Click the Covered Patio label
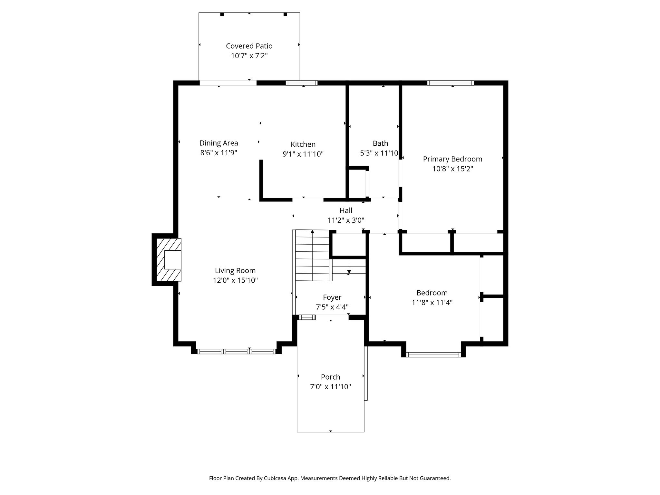coord(249,46)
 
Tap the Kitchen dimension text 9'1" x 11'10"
coord(303,154)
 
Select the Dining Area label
coord(219,143)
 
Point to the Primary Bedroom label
coord(452,159)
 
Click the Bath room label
coord(381,143)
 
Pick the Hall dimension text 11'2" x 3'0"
coord(346,220)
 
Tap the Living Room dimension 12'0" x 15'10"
coord(235,280)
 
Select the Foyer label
coord(332,297)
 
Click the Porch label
coord(331,377)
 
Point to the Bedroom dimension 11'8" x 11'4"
coord(432,303)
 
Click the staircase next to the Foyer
coord(312,255)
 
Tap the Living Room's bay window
coord(236,352)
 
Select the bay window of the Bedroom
coord(434,355)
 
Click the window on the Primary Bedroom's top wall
coord(451,83)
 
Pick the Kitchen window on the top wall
coord(302,83)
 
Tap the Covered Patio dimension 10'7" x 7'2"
coord(249,56)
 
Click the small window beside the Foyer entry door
coord(307,317)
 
